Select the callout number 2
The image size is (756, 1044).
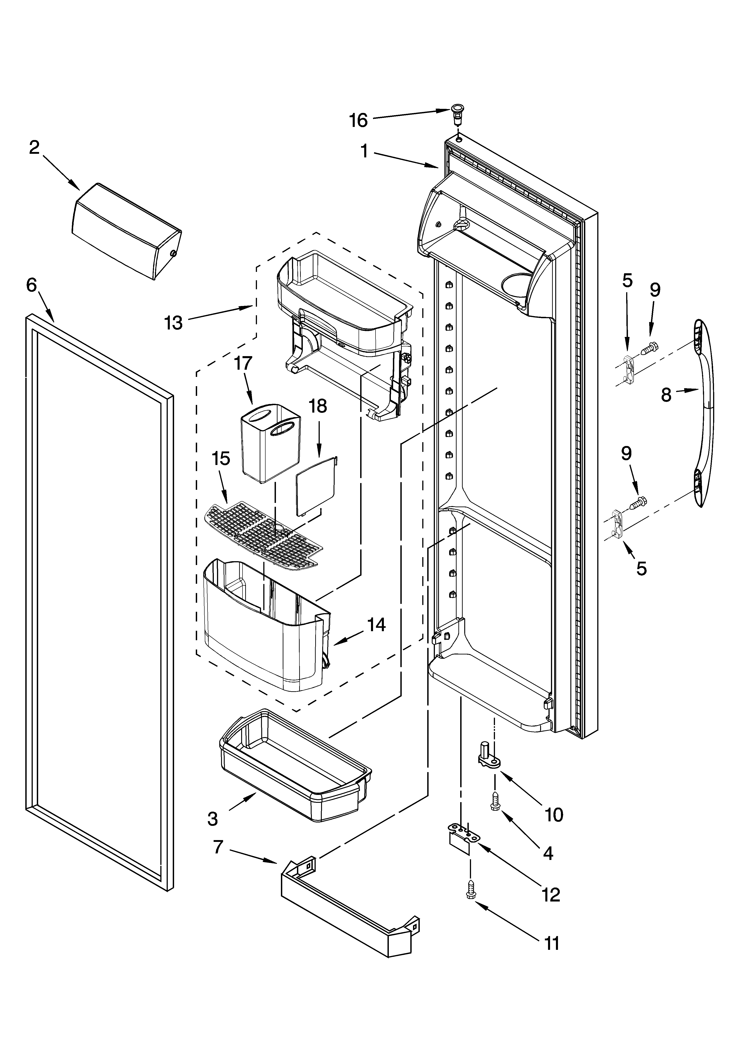coord(35,148)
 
